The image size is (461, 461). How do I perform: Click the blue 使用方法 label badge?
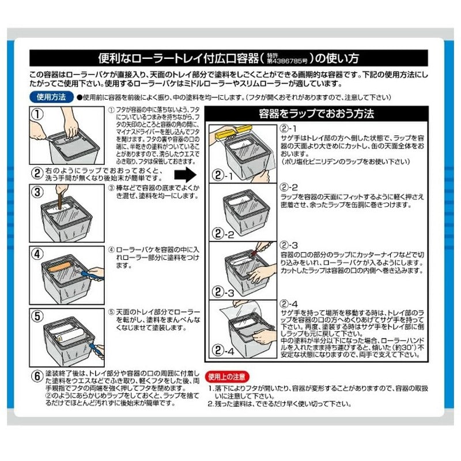(52, 97)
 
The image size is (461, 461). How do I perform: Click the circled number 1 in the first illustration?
(38, 114)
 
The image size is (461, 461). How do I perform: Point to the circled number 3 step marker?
(38, 192)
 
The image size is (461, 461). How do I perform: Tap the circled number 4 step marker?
(38, 253)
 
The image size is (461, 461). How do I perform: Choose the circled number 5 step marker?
(38, 316)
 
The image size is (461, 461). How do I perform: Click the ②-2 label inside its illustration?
(222, 234)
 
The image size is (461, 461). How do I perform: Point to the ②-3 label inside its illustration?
(222, 293)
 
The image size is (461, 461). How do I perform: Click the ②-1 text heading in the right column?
(288, 128)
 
